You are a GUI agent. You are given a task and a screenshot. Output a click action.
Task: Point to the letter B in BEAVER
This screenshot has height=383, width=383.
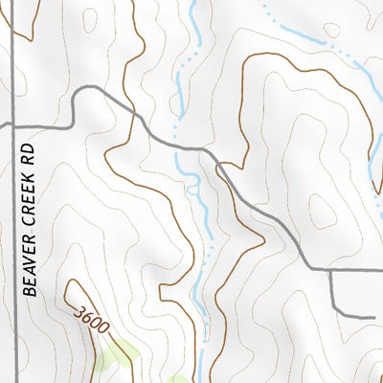29,291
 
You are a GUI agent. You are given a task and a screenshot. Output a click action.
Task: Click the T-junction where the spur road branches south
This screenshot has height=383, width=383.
330,272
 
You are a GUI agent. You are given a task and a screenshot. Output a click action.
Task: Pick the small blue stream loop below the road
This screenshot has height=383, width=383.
194,190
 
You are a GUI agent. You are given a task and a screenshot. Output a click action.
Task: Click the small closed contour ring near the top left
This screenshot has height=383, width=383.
90,19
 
